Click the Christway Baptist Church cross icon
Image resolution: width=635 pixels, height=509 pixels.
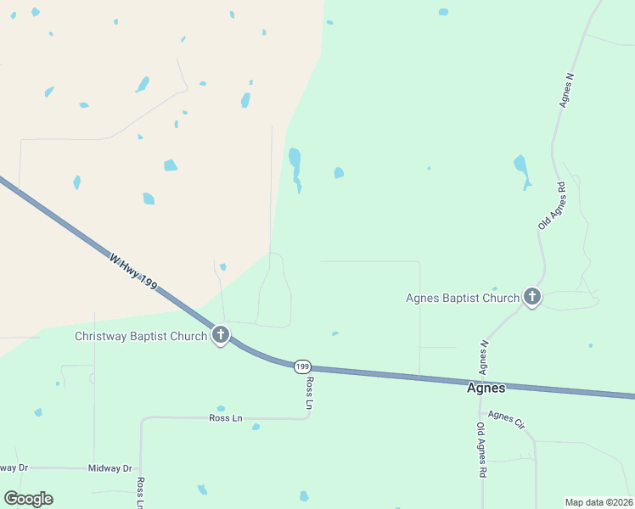[221, 334]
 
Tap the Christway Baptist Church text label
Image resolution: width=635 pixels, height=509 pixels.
[141, 336]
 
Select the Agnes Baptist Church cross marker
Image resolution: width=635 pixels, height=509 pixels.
[532, 296]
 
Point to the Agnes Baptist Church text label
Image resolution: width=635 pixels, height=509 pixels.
[463, 298]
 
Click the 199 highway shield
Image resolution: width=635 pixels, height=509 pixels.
[302, 366]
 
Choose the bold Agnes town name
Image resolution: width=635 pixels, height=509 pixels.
[486, 388]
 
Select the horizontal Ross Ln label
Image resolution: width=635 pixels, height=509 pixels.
[226, 417]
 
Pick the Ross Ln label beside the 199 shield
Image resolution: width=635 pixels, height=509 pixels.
[309, 393]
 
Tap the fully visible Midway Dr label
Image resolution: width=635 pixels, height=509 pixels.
[111, 468]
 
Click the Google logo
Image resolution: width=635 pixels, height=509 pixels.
[28, 499]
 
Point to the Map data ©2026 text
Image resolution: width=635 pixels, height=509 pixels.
[599, 502]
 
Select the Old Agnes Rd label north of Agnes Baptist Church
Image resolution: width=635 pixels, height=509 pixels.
[552, 205]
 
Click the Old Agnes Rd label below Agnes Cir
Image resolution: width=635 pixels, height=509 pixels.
[481, 450]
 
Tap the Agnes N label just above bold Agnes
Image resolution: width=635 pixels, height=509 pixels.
[484, 357]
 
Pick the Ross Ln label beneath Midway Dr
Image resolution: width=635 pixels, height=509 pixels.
[140, 492]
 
